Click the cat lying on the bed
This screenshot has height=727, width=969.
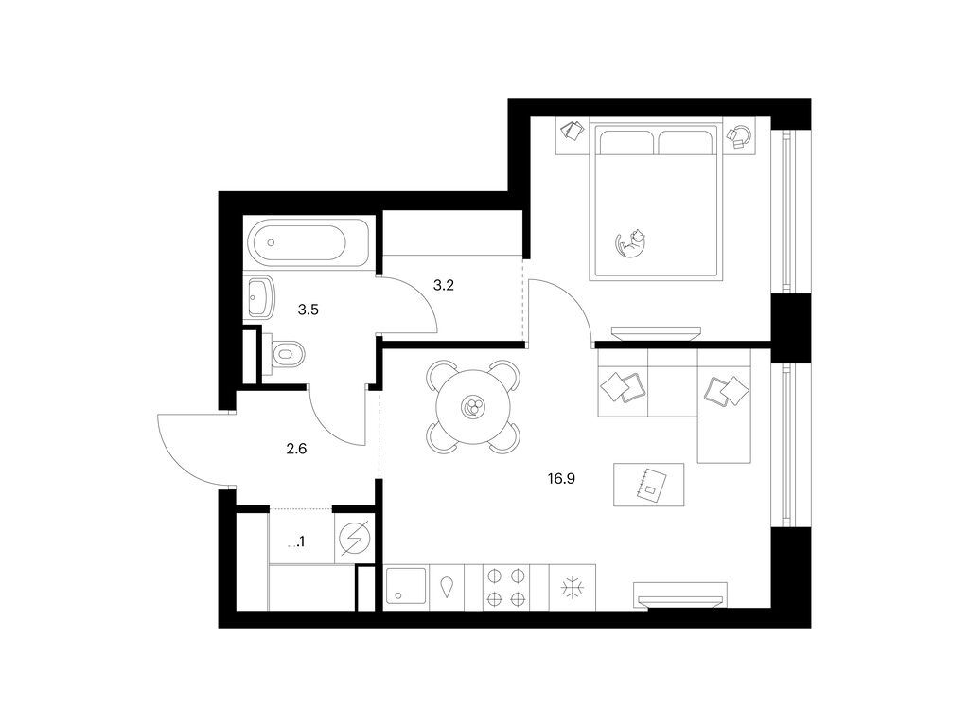click(x=631, y=242)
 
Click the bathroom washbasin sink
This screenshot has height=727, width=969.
click(x=261, y=298)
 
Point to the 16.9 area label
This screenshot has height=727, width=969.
click(x=561, y=479)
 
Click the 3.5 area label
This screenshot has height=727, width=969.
click(x=308, y=310)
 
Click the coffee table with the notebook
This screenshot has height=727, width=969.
click(x=649, y=485)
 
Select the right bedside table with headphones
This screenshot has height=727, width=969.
click(x=739, y=134)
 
